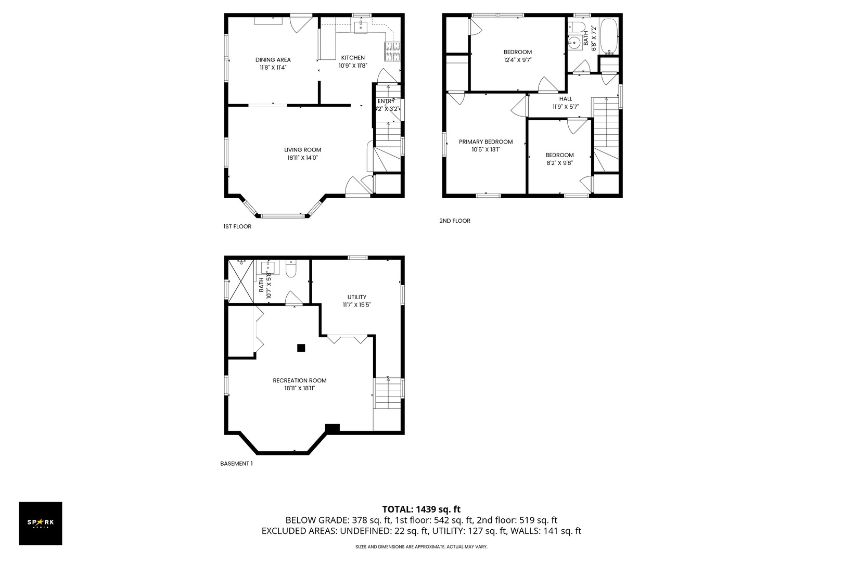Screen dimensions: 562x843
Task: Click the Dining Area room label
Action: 273,60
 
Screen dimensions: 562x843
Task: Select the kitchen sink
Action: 361,27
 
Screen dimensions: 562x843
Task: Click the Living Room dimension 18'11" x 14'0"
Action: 302,158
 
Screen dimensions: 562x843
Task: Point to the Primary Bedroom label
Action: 486,142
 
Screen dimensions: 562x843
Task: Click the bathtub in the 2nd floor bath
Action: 609,36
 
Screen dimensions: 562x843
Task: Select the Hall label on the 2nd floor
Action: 566,99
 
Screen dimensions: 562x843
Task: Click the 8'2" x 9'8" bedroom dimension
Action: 559,163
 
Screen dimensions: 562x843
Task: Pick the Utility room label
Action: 356,297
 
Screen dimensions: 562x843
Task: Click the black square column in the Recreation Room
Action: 301,348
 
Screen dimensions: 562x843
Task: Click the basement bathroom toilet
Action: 291,270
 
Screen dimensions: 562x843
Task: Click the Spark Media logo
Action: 41,523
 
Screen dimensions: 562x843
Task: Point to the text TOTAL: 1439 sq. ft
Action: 421,509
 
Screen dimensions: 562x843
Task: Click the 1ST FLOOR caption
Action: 237,226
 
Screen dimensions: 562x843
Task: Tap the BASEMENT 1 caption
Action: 236,463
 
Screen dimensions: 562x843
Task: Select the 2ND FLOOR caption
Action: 455,221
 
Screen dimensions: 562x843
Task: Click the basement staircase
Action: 388,394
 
